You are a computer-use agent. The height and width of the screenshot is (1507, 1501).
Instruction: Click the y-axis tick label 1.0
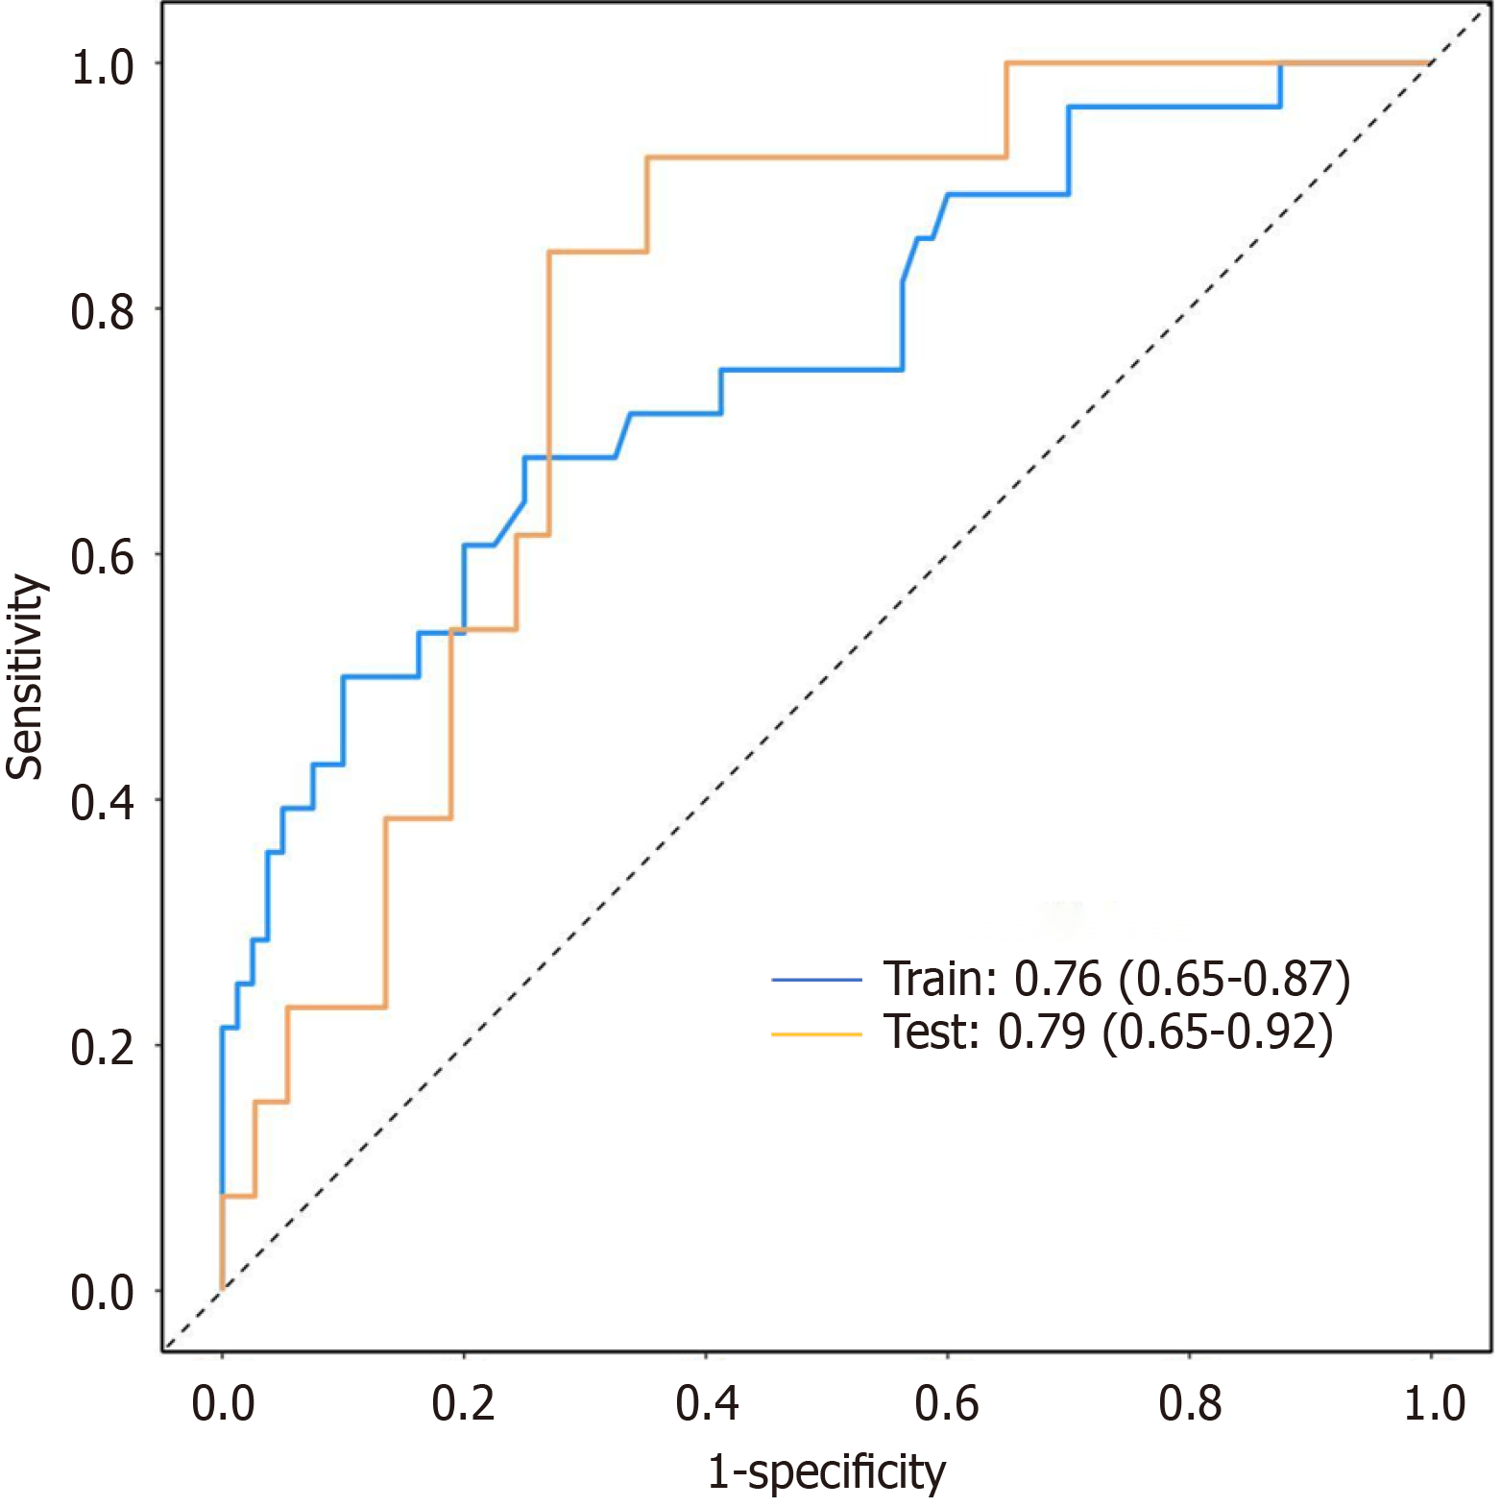tap(102, 67)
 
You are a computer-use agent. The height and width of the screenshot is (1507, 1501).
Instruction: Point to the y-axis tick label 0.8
tap(102, 313)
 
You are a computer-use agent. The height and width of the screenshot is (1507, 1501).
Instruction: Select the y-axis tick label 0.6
tap(102, 558)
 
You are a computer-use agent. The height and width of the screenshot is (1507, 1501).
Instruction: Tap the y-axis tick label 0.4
tap(102, 803)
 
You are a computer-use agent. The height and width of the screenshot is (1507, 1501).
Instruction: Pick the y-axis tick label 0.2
tap(102, 1049)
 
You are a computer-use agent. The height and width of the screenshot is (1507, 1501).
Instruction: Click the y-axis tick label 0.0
tap(102, 1294)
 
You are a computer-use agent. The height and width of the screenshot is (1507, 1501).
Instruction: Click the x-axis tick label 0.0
tap(223, 1404)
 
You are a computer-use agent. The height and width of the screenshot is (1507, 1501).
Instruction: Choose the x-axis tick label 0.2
tap(464, 1404)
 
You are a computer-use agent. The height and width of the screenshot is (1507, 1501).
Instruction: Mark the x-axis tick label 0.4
tap(707, 1404)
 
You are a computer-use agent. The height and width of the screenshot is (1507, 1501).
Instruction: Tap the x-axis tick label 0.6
tap(947, 1404)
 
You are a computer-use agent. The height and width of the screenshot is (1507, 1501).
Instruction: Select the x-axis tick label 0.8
tap(1190, 1404)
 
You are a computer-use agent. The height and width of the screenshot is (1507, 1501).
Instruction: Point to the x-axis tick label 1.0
tap(1434, 1404)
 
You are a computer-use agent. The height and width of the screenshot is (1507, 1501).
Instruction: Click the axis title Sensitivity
tap(26, 677)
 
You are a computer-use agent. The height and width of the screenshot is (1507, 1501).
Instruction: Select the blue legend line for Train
tap(817, 980)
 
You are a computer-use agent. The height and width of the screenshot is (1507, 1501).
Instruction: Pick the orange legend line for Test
tap(817, 1034)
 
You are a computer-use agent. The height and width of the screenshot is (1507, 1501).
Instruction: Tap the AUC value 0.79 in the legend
tap(1042, 1033)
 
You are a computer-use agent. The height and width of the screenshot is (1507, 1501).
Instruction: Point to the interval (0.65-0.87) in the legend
tap(1235, 980)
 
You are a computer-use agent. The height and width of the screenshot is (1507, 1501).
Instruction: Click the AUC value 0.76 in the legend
tap(1058, 980)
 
